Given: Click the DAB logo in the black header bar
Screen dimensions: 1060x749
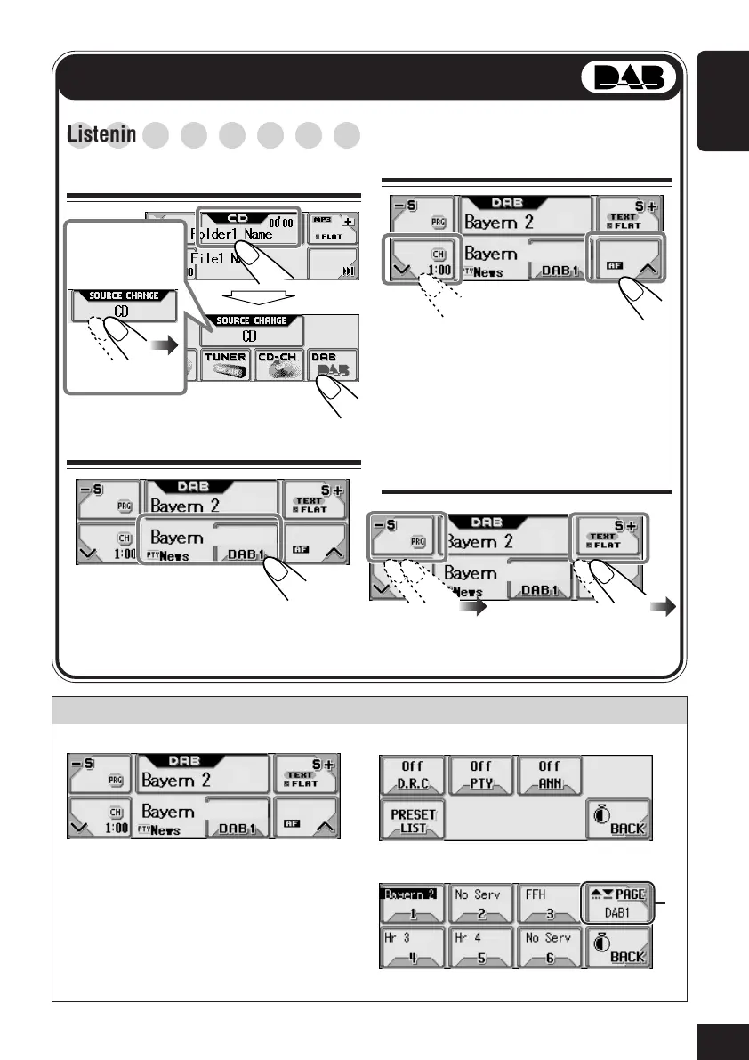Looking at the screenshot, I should point(629,78).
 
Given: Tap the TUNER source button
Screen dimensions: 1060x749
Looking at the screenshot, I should point(226,367).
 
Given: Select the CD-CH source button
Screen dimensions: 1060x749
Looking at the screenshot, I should point(279,367).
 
